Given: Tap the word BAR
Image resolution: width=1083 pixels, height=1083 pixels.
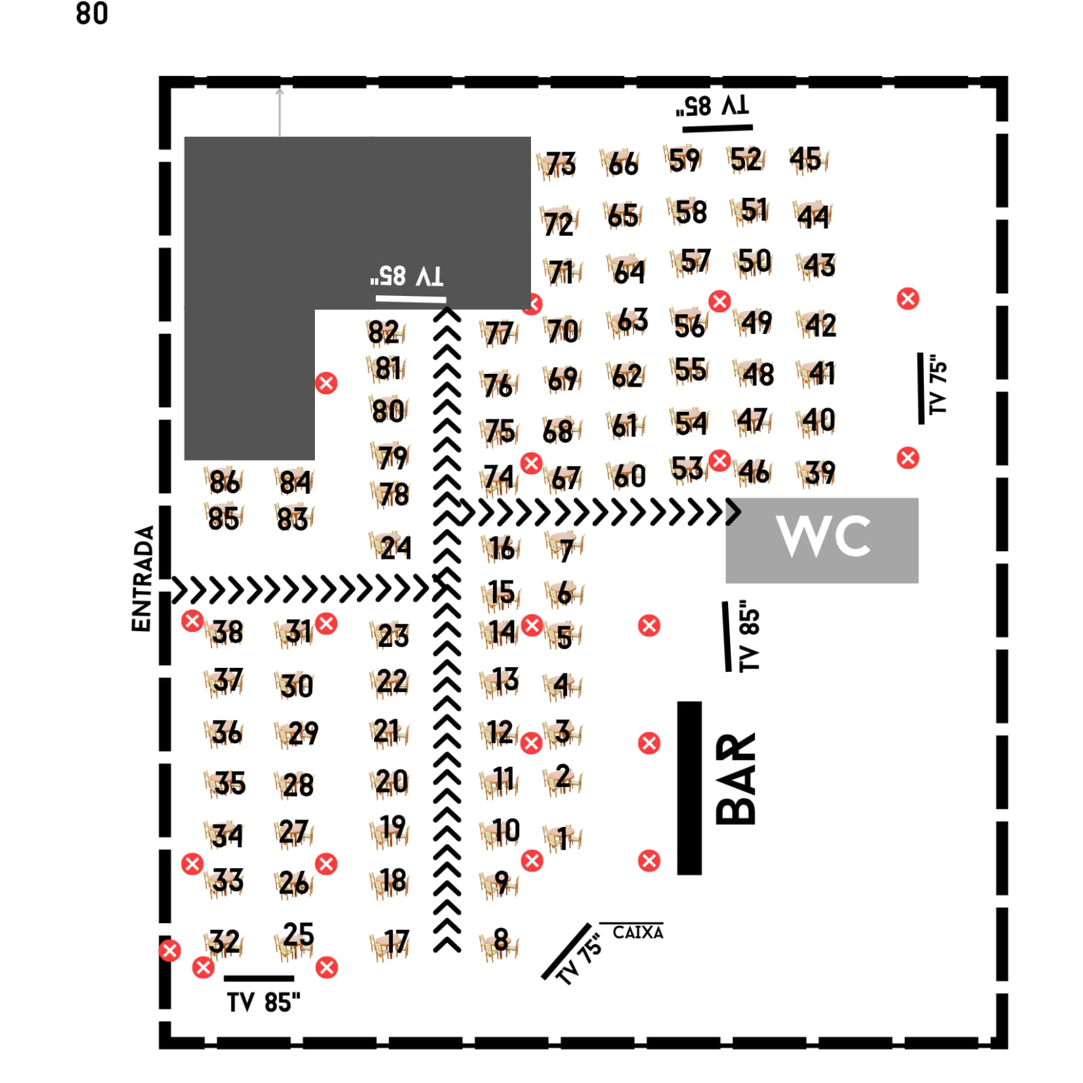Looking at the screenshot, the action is tap(736, 779).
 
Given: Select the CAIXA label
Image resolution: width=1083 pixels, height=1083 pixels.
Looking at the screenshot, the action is tap(637, 933).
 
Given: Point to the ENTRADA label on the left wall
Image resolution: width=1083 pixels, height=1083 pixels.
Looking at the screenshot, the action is tap(142, 579).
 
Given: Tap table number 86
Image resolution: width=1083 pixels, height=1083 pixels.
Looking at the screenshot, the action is tap(224, 482).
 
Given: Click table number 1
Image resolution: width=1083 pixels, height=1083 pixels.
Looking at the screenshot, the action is tap(562, 838).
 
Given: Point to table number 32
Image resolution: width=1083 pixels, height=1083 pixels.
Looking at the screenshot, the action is tap(224, 941).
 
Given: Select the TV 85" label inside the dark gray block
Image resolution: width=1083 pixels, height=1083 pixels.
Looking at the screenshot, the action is tap(407, 276).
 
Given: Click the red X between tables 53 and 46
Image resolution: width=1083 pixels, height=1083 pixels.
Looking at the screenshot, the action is tap(719, 461).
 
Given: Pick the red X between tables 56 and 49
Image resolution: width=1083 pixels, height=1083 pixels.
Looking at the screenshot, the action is tap(719, 301).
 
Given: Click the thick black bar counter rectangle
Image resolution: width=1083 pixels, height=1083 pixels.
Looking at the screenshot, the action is tap(689, 788).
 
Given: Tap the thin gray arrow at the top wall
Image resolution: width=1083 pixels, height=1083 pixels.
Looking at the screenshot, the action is tap(280, 112).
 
